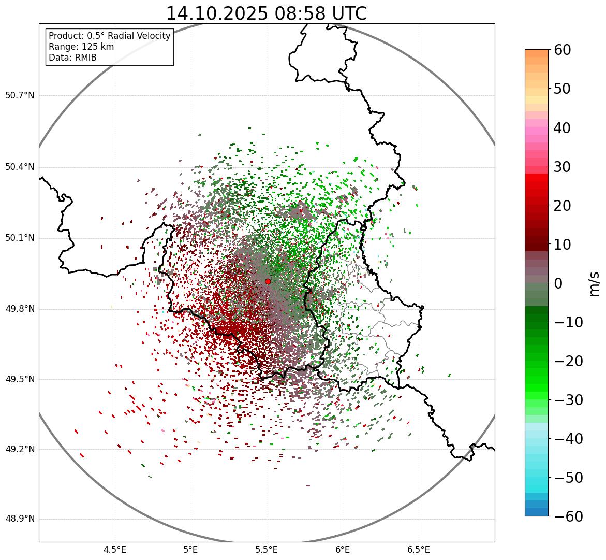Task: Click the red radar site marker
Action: point(268,281)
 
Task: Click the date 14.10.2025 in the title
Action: point(216,13)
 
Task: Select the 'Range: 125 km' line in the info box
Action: point(81,47)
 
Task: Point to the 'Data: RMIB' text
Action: point(72,58)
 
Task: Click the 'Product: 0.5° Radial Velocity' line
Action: point(109,36)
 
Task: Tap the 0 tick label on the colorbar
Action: point(558,283)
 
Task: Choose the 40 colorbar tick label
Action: point(563,127)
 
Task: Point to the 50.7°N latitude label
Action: point(20,96)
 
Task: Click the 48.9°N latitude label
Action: point(20,519)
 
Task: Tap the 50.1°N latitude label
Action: point(20,238)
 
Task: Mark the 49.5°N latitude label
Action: point(20,379)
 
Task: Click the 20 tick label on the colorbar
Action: point(563,206)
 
